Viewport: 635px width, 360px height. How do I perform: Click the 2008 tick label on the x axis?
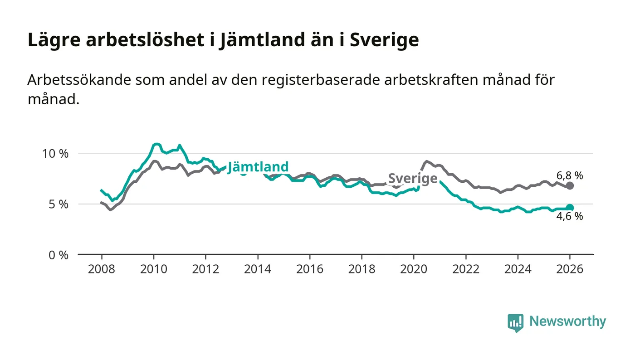[101, 269]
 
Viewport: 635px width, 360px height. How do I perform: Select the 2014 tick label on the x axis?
[258, 269]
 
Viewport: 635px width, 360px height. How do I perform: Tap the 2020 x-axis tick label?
[414, 269]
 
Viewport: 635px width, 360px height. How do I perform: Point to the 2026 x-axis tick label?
[570, 269]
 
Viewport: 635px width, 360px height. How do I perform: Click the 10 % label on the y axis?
[55, 153]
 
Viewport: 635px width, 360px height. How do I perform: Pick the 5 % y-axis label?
[58, 204]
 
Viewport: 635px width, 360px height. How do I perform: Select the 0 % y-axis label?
[58, 255]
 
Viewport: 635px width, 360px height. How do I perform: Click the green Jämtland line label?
[258, 167]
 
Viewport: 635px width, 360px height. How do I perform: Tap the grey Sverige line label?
[413, 179]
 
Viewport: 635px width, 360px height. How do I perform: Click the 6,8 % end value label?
[570, 175]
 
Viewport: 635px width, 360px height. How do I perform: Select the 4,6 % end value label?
[570, 217]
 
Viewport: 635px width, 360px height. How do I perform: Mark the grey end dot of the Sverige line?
[570, 185]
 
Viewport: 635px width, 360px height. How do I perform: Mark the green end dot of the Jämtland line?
[570, 208]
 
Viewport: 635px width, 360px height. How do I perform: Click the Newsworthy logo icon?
[515, 323]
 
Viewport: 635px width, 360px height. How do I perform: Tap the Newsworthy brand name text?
[567, 321]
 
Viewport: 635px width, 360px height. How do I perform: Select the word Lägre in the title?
[54, 40]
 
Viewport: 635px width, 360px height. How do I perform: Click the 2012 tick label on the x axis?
[205, 269]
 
